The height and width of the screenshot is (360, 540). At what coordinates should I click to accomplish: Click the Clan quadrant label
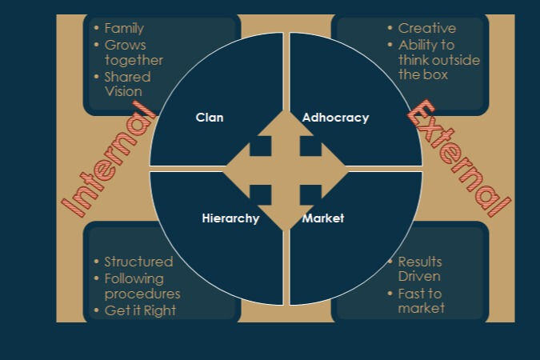pos(210,118)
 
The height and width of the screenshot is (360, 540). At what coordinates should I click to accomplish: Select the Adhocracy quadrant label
pos(335,118)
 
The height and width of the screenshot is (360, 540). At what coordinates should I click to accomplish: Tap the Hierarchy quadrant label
pos(230,218)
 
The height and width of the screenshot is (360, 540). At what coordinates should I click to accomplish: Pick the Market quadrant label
pos(323,218)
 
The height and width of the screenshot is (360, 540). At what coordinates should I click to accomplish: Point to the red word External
pos(458,158)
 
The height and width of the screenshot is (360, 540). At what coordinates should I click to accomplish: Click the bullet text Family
pos(124,29)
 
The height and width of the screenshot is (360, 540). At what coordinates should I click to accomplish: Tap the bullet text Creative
pos(426,29)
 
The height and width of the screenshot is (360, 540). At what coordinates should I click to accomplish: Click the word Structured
pos(138,262)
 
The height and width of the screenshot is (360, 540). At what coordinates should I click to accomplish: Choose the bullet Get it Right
pos(140,310)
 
